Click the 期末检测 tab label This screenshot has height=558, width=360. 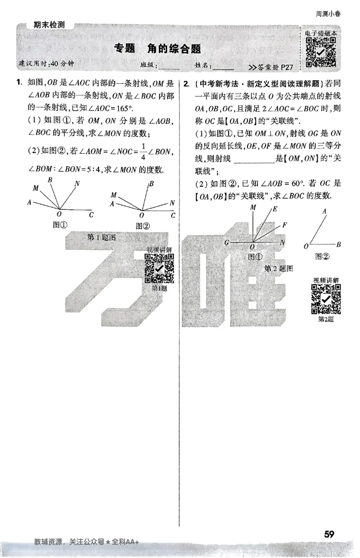click(x=49, y=25)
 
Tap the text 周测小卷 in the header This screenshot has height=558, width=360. click(x=328, y=14)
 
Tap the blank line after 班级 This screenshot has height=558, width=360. click(x=169, y=68)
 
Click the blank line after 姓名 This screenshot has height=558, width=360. click(x=223, y=68)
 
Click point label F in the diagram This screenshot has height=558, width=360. click(x=284, y=224)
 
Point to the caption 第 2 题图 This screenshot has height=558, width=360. click(x=279, y=269)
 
